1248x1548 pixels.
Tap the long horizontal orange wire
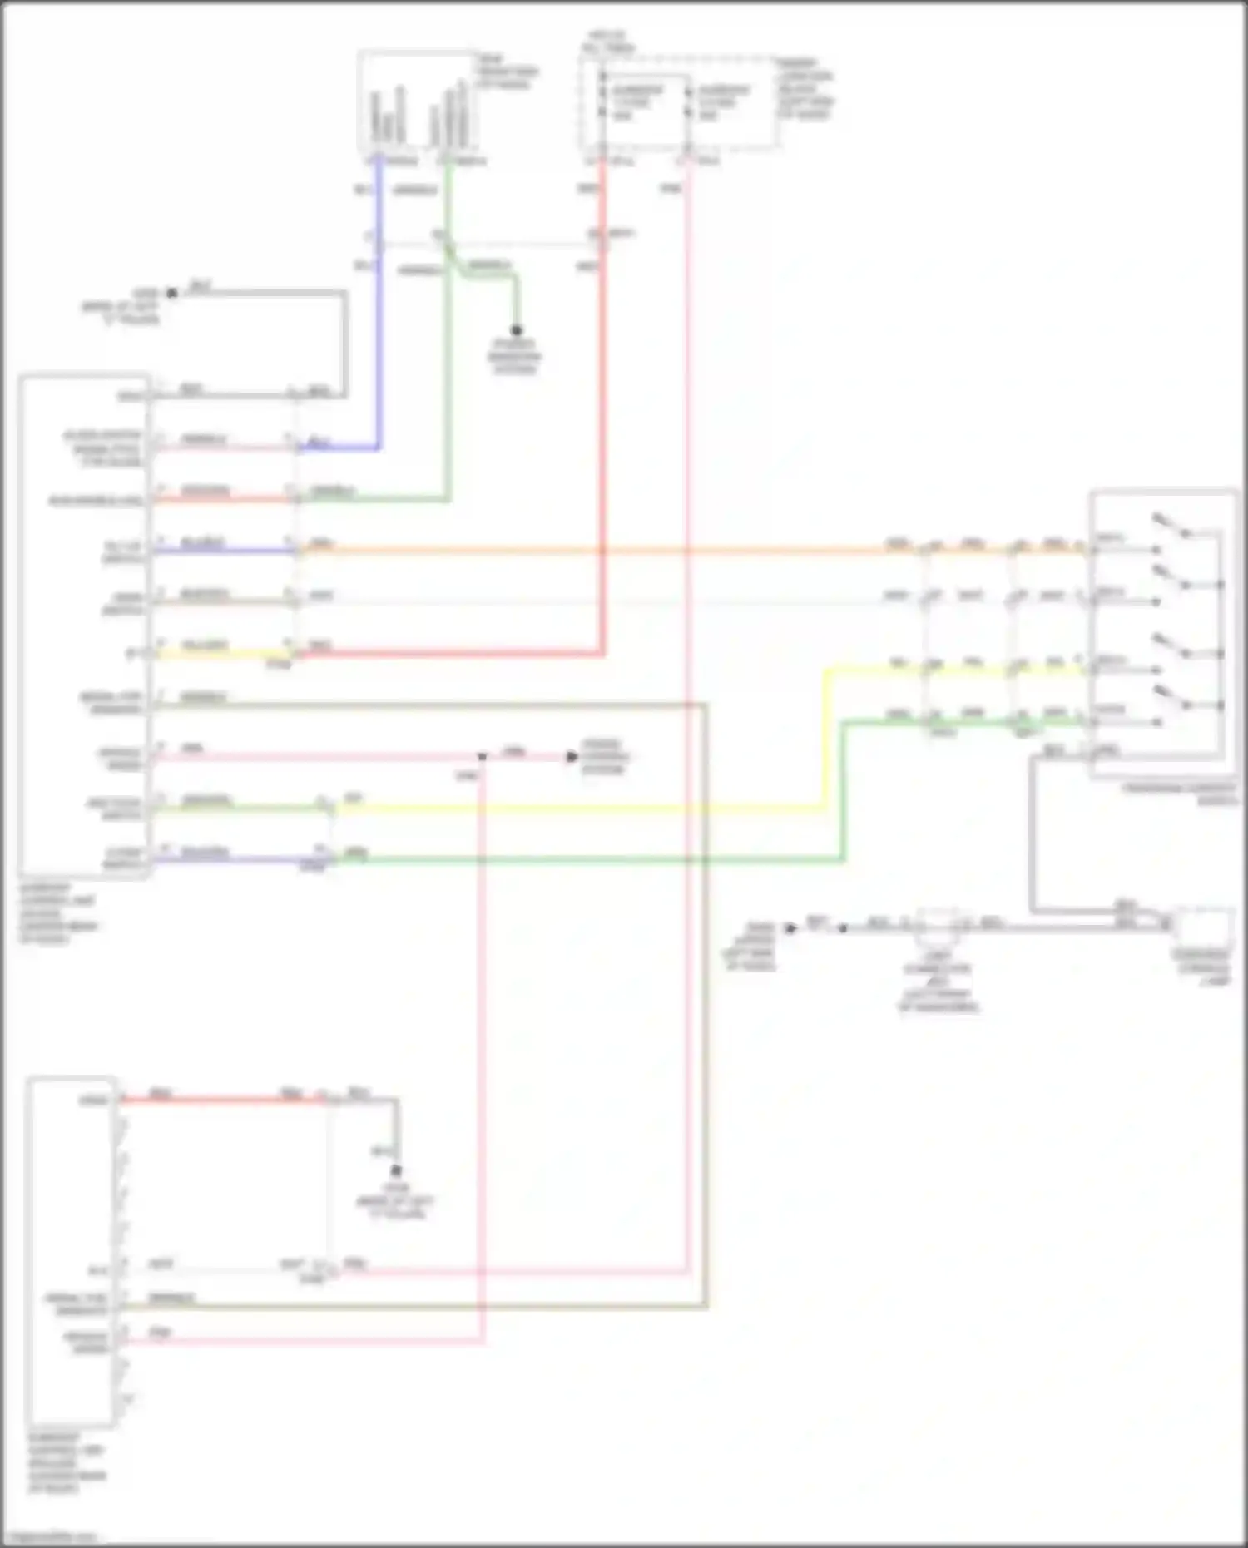point(582,550)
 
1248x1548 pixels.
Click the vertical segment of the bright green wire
point(843,790)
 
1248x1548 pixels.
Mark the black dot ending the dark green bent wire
point(516,330)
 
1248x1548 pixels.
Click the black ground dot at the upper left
point(172,293)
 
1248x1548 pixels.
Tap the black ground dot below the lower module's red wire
point(397,1170)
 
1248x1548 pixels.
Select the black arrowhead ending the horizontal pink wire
point(572,756)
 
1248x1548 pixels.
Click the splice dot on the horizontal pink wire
point(483,756)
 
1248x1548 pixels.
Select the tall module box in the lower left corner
point(71,1252)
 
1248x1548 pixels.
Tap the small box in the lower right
point(1202,927)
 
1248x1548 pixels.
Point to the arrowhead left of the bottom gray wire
point(791,927)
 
